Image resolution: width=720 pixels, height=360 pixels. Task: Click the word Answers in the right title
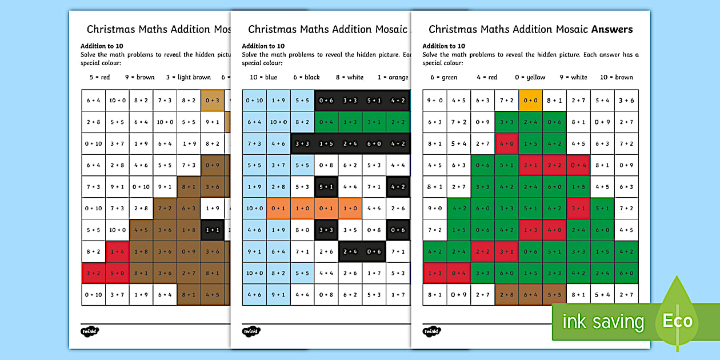coord(612,29)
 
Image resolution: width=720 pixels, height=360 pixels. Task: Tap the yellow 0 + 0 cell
coord(530,100)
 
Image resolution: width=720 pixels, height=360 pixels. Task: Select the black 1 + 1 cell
coord(212,230)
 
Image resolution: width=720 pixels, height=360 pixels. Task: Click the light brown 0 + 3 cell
coord(212,100)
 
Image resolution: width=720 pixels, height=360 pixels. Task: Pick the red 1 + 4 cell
coord(117,251)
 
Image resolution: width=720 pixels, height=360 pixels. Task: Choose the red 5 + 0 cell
coord(117,273)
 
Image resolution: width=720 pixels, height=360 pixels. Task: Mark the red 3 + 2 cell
coord(93,273)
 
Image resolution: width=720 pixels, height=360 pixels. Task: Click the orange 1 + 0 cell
coord(302,209)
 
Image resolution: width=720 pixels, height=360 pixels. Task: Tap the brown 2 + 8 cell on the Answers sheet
coord(506,295)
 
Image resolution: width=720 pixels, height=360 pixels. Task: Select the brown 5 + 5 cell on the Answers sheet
coord(554,295)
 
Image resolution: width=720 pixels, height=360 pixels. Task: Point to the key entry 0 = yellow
coord(530,77)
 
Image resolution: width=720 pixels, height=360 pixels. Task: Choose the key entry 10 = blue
coord(263,77)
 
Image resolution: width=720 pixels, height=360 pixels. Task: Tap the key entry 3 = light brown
coord(189,77)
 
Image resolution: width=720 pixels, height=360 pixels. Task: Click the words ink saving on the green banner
coord(603,322)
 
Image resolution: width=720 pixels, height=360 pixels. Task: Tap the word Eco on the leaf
coord(678,321)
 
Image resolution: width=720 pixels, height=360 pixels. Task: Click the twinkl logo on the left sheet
coord(90,331)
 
